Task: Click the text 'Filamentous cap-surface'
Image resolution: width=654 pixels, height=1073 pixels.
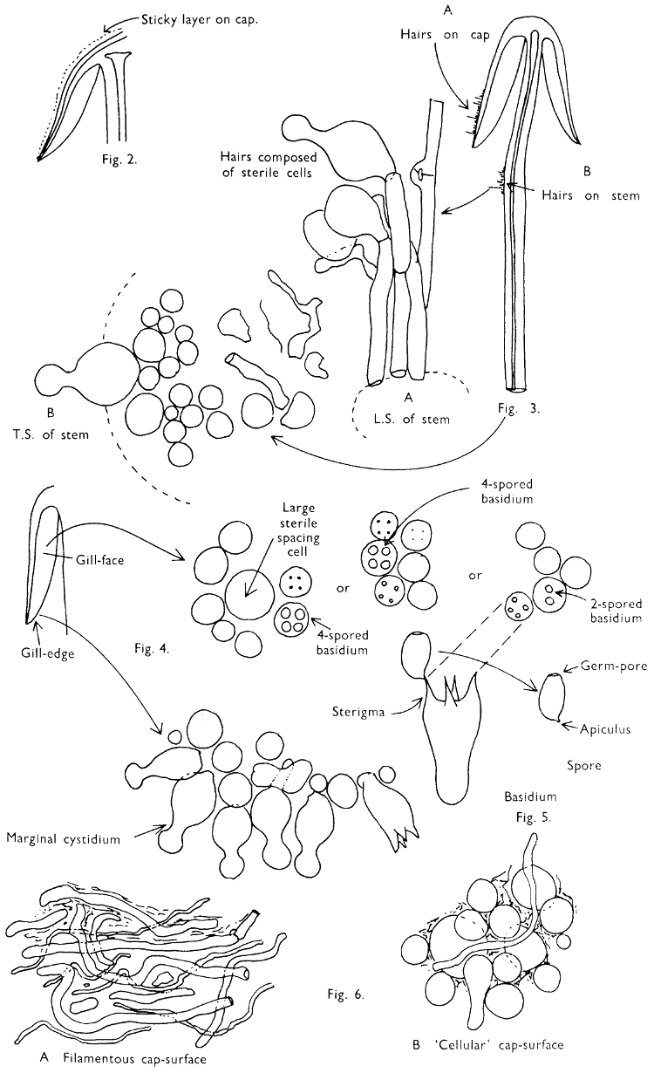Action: (135, 1058)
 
